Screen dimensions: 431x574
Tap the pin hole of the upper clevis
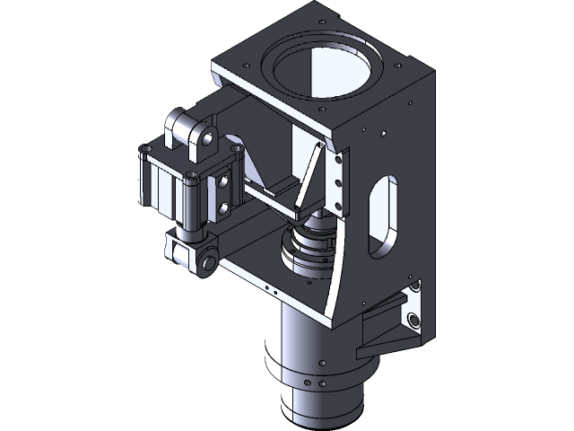209,138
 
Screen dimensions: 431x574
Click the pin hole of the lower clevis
208,263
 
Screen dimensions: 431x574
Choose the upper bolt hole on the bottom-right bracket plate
413,288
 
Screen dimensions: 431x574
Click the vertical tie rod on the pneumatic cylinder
191,202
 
